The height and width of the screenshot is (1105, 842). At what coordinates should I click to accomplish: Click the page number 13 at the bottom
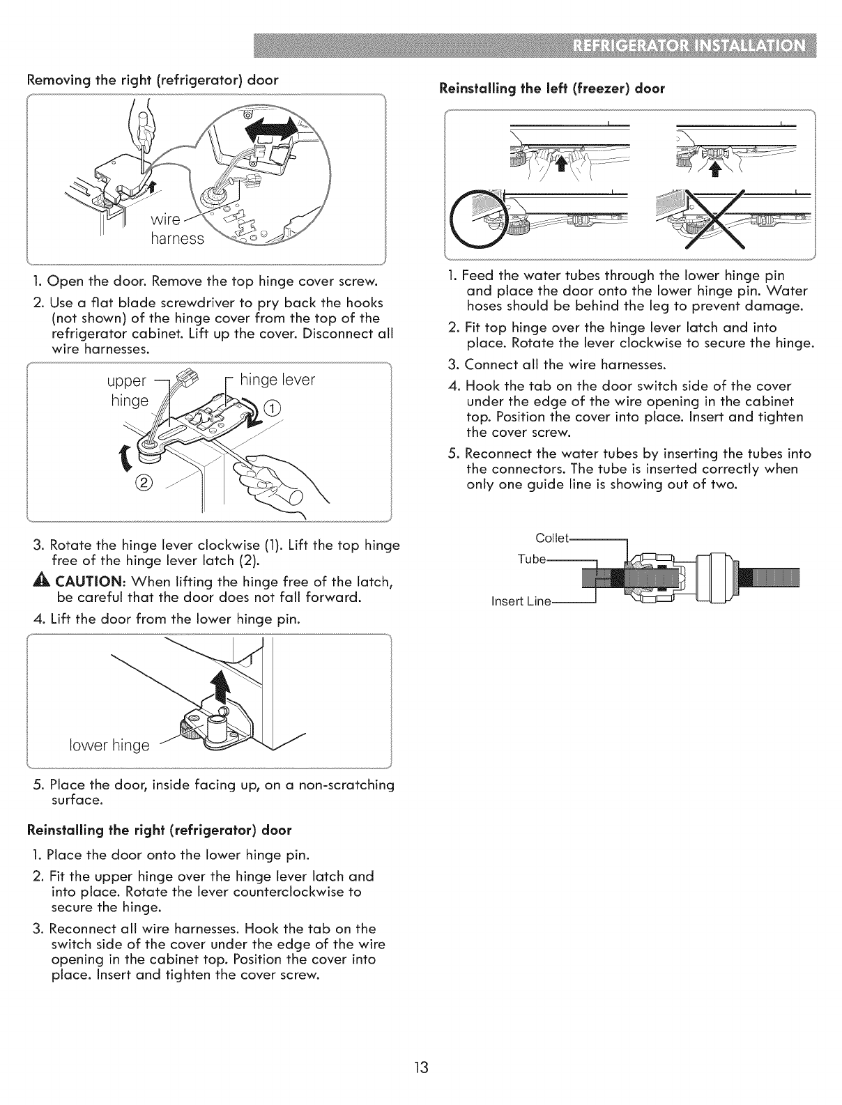[421, 1067]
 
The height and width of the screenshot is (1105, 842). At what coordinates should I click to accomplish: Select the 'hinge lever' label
[277, 380]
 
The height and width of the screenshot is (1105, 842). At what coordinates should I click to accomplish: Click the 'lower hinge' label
[109, 745]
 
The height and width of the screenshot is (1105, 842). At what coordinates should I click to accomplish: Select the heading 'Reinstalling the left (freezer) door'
[551, 88]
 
